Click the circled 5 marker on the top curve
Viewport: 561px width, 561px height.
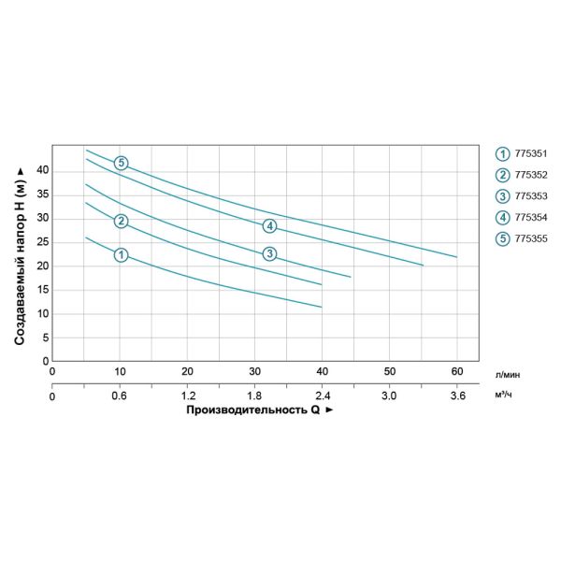coord(121,164)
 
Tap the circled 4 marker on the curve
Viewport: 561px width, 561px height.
coord(269,225)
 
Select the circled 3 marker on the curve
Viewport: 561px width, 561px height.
coord(269,253)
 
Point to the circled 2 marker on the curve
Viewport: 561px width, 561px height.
coord(121,222)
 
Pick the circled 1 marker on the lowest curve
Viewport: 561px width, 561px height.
coord(121,255)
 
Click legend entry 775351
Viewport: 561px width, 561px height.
coord(529,154)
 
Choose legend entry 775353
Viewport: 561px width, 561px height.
coord(529,196)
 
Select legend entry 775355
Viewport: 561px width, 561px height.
coord(529,238)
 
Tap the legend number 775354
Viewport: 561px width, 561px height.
coord(529,218)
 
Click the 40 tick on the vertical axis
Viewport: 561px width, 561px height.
coord(42,170)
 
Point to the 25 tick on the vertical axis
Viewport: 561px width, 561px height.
coord(42,242)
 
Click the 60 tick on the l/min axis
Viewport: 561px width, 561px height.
coord(457,372)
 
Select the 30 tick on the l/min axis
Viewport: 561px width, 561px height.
coord(254,372)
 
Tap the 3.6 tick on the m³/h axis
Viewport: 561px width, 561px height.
coord(457,396)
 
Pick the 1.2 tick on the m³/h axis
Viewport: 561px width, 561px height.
coord(187,396)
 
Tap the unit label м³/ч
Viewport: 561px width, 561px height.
coord(505,396)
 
